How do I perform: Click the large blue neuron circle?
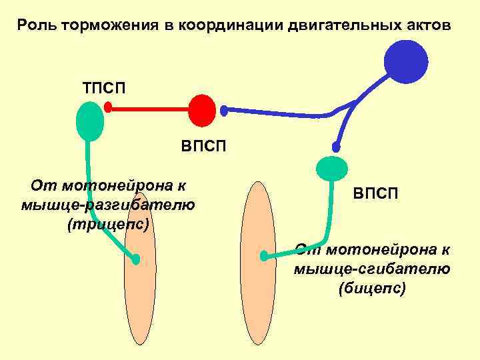[406, 61]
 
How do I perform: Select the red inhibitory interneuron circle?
[202, 110]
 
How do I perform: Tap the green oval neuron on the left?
[90, 121]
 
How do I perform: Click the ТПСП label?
[105, 87]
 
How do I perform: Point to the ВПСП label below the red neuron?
[204, 145]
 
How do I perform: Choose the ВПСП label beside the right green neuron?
[376, 193]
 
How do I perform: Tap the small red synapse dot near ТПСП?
[108, 106]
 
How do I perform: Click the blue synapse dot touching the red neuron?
[224, 109]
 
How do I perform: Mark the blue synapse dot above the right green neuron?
[337, 147]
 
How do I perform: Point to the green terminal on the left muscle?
[136, 260]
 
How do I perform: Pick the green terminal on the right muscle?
[265, 255]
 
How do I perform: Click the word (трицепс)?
[108, 225]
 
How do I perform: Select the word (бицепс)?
[372, 289]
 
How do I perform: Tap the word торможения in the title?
[109, 26]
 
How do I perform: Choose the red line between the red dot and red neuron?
[149, 108]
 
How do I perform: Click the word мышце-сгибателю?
[372, 269]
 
